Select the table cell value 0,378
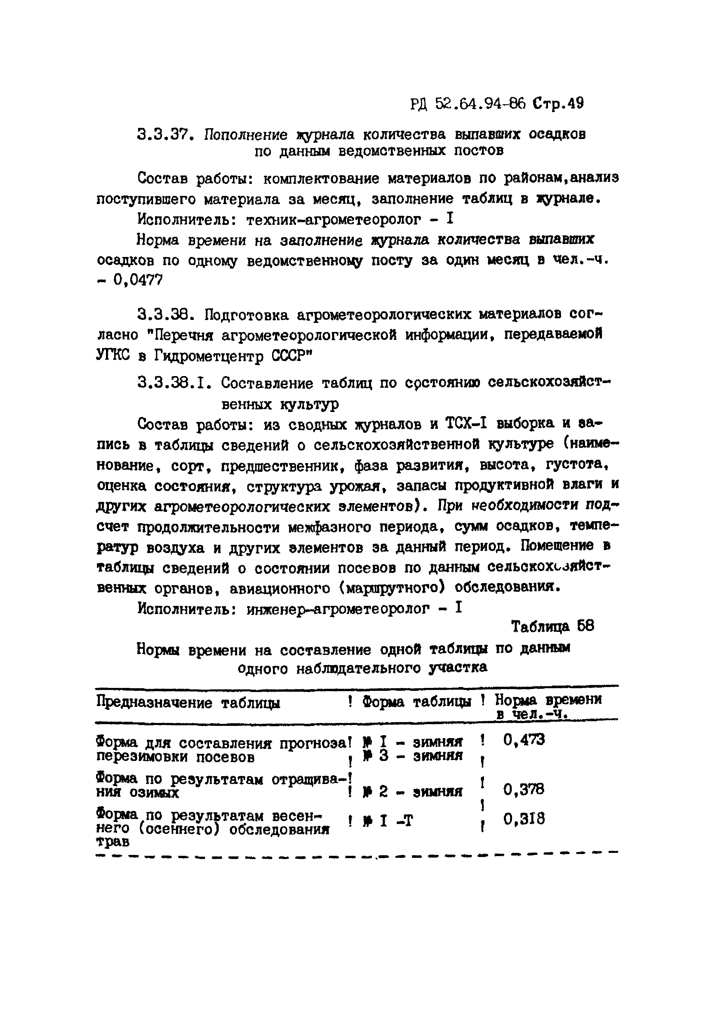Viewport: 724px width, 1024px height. click(x=524, y=790)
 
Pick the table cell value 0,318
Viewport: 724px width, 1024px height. click(x=524, y=819)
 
